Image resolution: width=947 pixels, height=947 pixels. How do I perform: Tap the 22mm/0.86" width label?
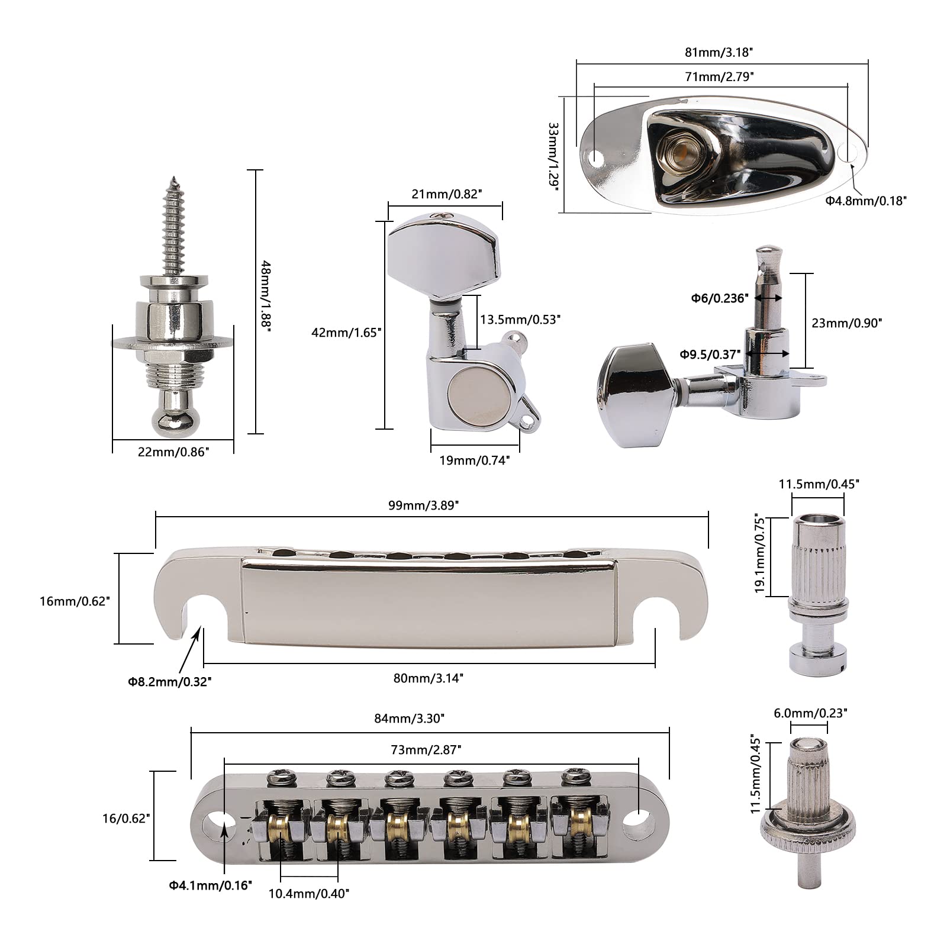coord(173,452)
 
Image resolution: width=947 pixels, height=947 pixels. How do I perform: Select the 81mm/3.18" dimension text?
coord(719,51)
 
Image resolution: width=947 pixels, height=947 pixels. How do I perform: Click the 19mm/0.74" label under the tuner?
coord(475,460)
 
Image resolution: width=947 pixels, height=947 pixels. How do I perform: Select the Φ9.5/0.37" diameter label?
coord(710,354)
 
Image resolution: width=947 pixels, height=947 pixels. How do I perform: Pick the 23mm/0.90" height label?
coord(847,323)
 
